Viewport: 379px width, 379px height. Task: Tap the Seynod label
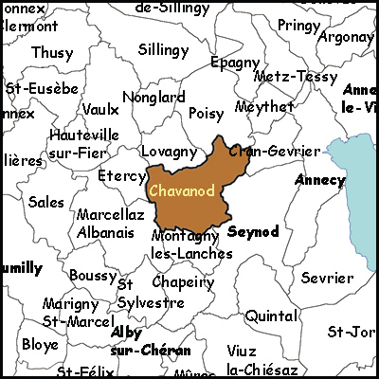tap(254, 231)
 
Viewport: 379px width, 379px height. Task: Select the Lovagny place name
tap(169, 152)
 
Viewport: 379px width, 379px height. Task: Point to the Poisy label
tap(207, 113)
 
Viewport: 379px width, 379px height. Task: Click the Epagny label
tap(235, 63)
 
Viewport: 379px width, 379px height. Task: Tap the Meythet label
tap(263, 107)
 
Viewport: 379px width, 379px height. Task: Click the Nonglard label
tap(153, 97)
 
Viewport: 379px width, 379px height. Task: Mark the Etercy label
tap(121, 176)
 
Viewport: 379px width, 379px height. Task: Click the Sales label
tap(45, 202)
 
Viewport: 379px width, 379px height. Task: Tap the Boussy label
tap(93, 275)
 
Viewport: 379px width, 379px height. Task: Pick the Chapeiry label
tap(183, 282)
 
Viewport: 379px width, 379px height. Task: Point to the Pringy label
tap(299, 25)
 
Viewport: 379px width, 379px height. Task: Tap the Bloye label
tap(40, 344)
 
